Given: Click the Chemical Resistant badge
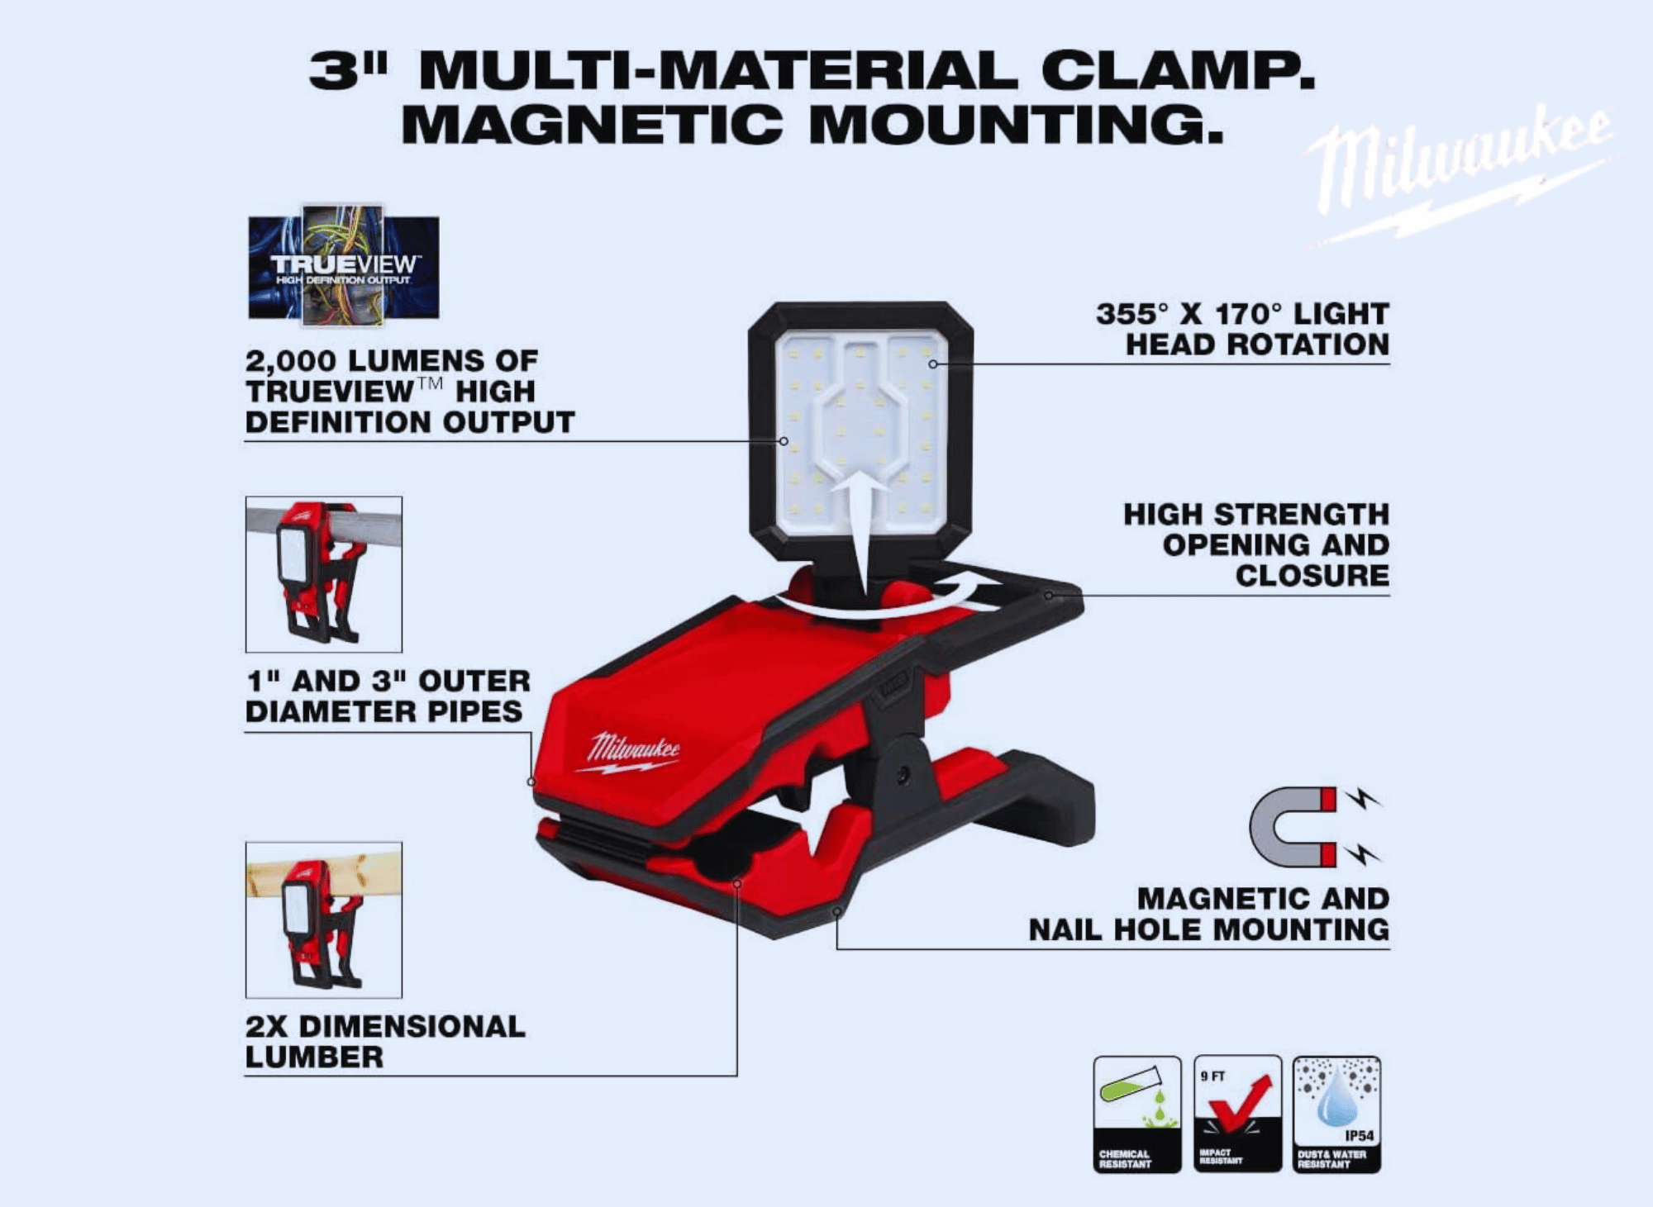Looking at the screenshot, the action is click(1137, 1114).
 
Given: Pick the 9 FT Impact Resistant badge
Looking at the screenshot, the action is click(1237, 1114).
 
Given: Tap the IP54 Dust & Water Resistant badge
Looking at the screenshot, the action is click(1336, 1114).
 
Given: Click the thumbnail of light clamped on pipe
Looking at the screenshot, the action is click(324, 574).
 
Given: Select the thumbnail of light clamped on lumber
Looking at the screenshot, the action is click(324, 920).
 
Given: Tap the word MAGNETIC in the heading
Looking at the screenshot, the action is click(591, 124).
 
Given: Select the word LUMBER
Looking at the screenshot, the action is click(315, 1057).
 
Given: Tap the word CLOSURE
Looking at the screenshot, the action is click(1312, 575).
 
